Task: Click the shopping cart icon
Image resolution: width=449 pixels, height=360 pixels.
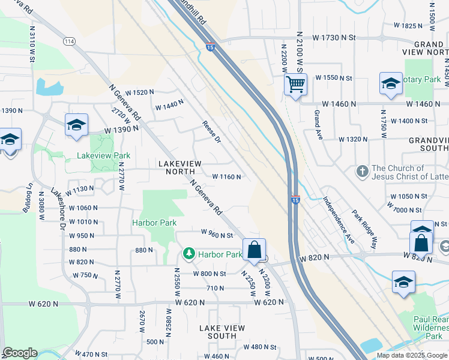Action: tap(295, 85)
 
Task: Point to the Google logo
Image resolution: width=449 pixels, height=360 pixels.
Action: tap(20, 353)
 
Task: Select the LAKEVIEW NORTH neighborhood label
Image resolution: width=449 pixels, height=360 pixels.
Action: tap(180, 167)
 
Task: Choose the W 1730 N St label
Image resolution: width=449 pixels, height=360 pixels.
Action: tap(330, 37)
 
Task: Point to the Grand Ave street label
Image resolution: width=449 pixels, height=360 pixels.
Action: tap(318, 125)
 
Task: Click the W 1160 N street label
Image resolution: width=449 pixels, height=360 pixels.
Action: tap(226, 177)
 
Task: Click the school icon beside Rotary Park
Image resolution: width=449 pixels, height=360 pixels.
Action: tap(391, 84)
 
